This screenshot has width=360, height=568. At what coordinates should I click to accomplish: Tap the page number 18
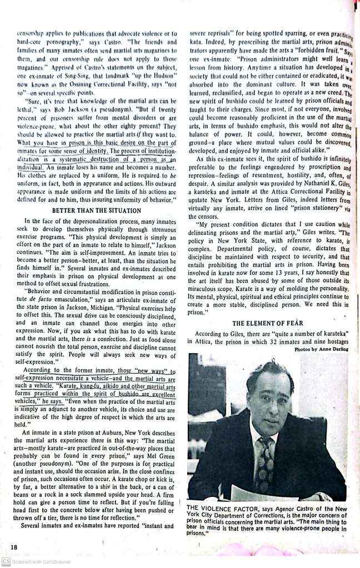[13, 547]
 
